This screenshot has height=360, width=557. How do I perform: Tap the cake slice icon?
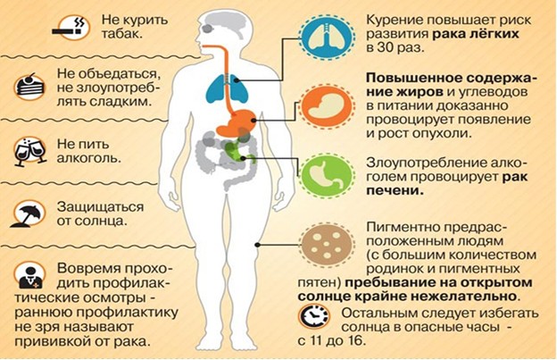coord(29,87)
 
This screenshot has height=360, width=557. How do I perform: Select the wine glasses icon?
coord(29,151)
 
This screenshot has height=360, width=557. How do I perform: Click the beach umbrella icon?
coord(29,213)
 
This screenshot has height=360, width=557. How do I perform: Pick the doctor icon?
coord(29,276)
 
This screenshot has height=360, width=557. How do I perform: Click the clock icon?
coord(313,316)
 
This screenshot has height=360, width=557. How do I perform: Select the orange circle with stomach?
coord(326,106)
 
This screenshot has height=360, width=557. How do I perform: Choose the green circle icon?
coord(326,176)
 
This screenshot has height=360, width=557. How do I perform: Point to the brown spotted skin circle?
coord(326,245)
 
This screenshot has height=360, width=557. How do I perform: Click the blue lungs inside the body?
coord(228,88)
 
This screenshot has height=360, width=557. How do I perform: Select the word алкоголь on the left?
coord(88,158)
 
